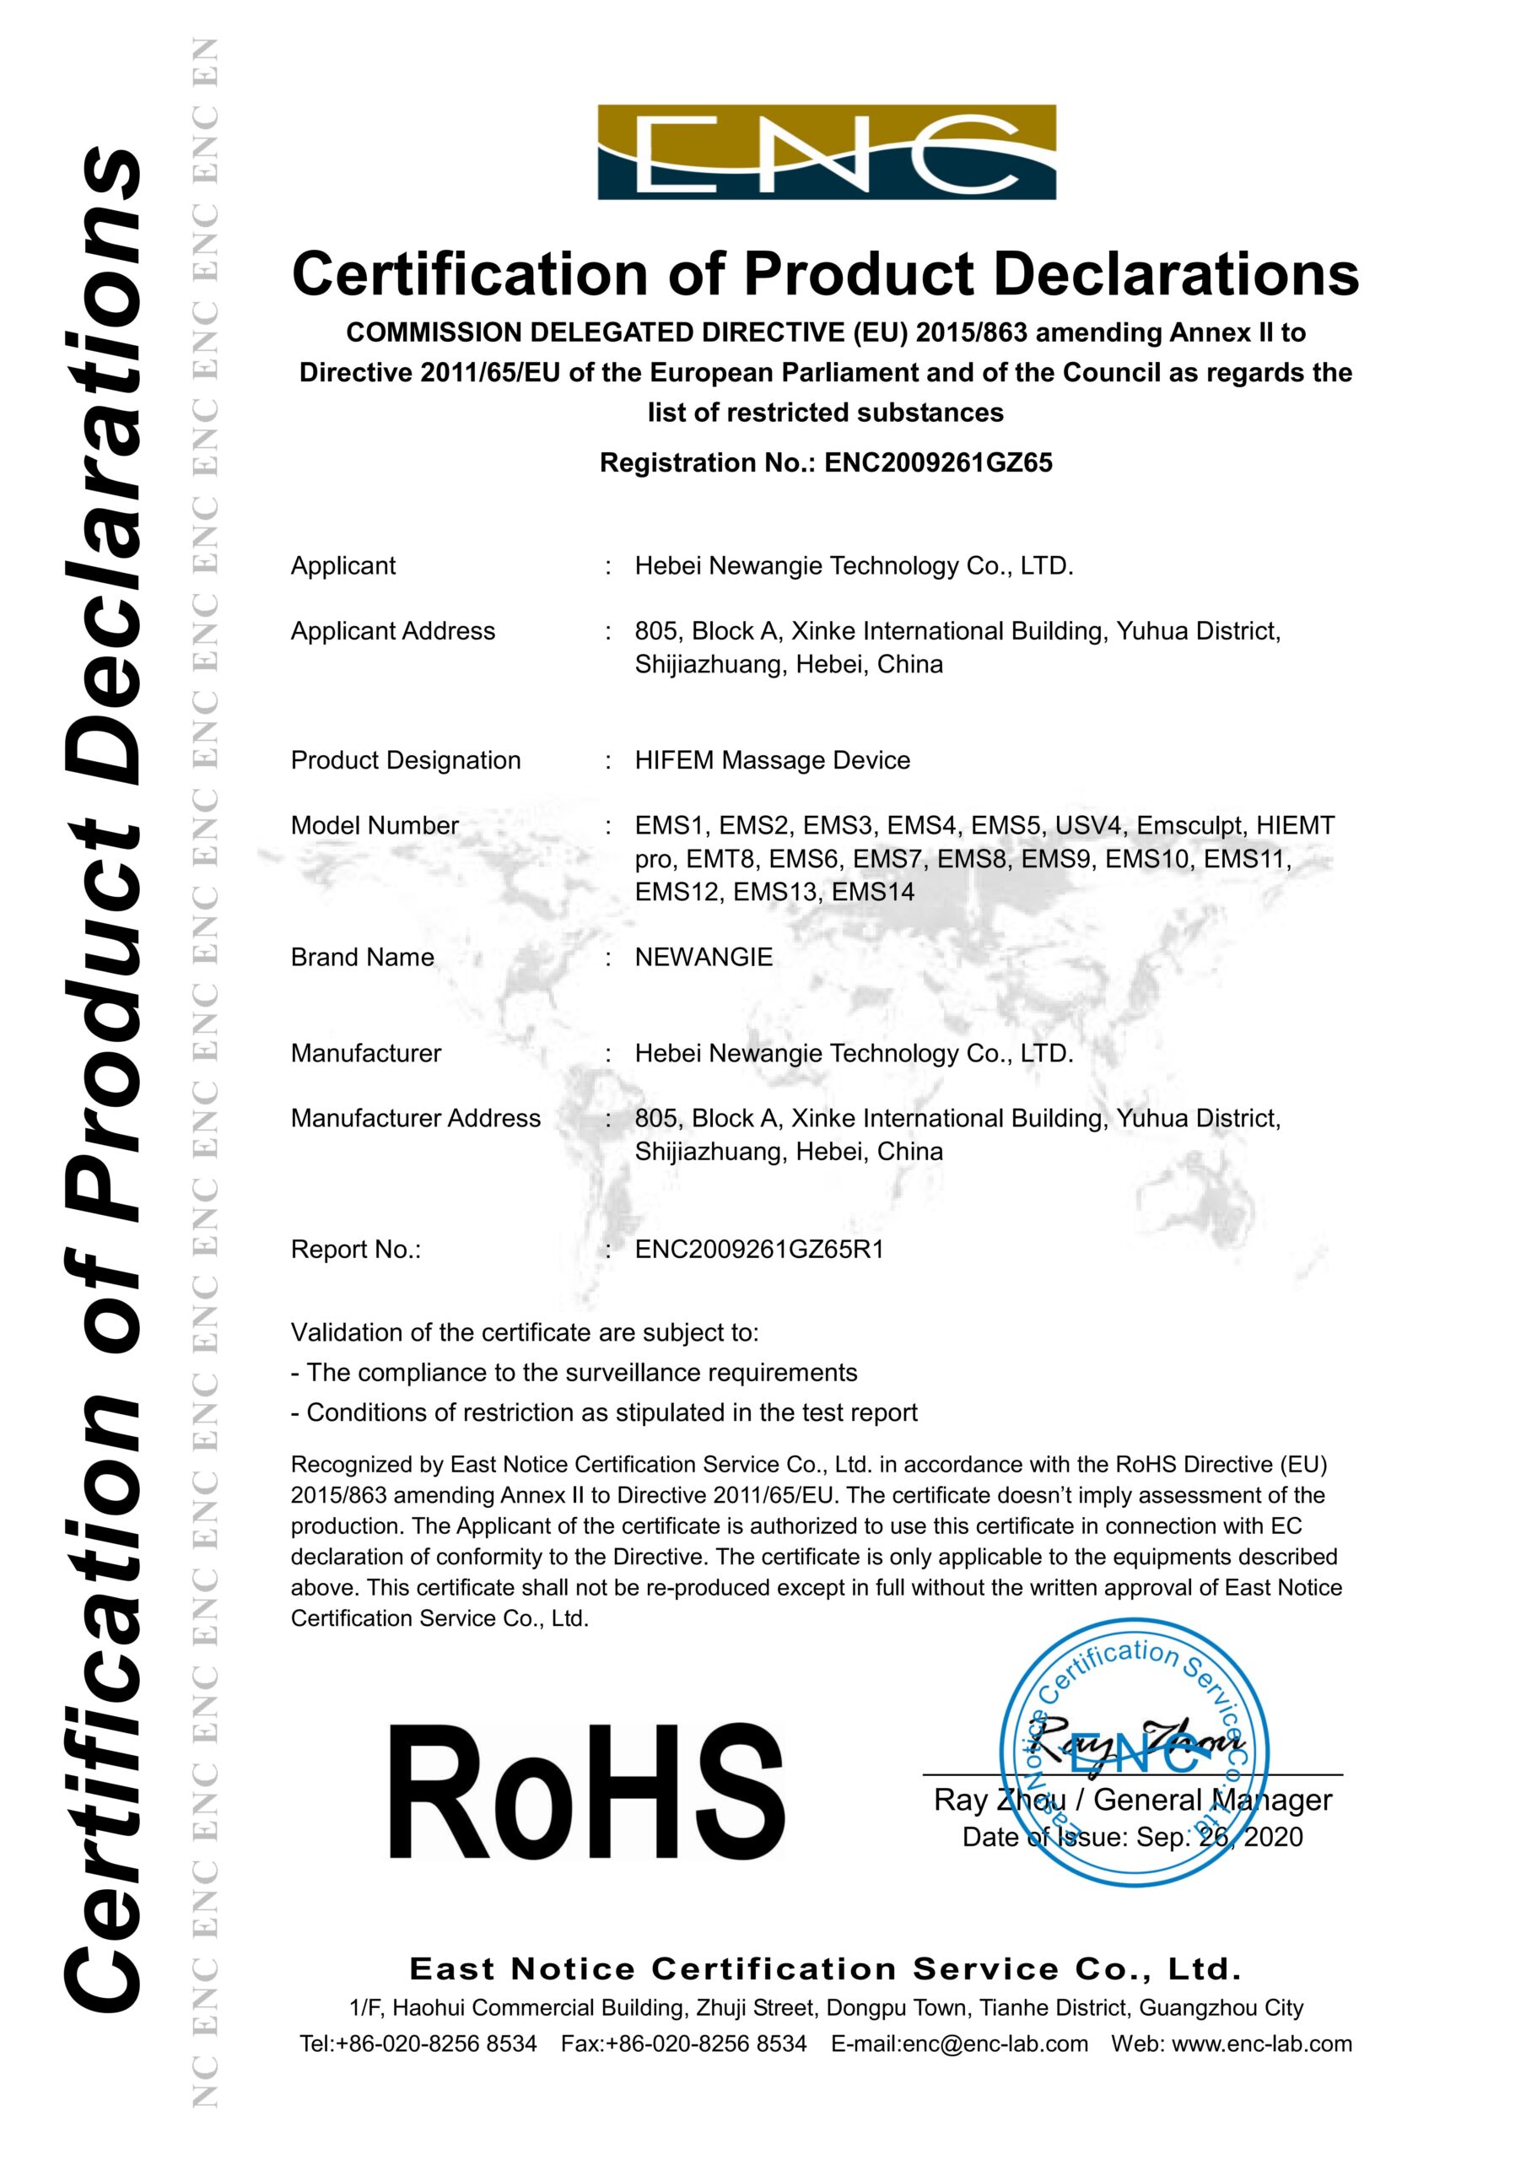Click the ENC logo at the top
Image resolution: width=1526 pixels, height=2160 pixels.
click(x=826, y=152)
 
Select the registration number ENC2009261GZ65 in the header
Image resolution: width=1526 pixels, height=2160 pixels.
click(x=938, y=463)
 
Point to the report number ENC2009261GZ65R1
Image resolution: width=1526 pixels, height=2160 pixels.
click(x=759, y=1250)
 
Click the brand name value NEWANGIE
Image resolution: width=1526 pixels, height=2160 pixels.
click(x=704, y=957)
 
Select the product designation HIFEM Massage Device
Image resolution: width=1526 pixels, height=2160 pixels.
click(x=773, y=760)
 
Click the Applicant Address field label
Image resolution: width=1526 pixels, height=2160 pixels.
click(x=392, y=631)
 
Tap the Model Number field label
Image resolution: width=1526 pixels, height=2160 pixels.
click(x=375, y=825)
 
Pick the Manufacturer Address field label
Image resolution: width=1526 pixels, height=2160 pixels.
click(x=415, y=1118)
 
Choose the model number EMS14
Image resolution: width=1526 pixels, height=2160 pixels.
click(x=873, y=891)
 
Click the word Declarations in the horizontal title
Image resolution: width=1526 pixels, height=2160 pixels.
click(x=1176, y=275)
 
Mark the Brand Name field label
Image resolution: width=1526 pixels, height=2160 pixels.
click(x=362, y=957)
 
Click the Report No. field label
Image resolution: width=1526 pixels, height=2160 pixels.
click(x=356, y=1250)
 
